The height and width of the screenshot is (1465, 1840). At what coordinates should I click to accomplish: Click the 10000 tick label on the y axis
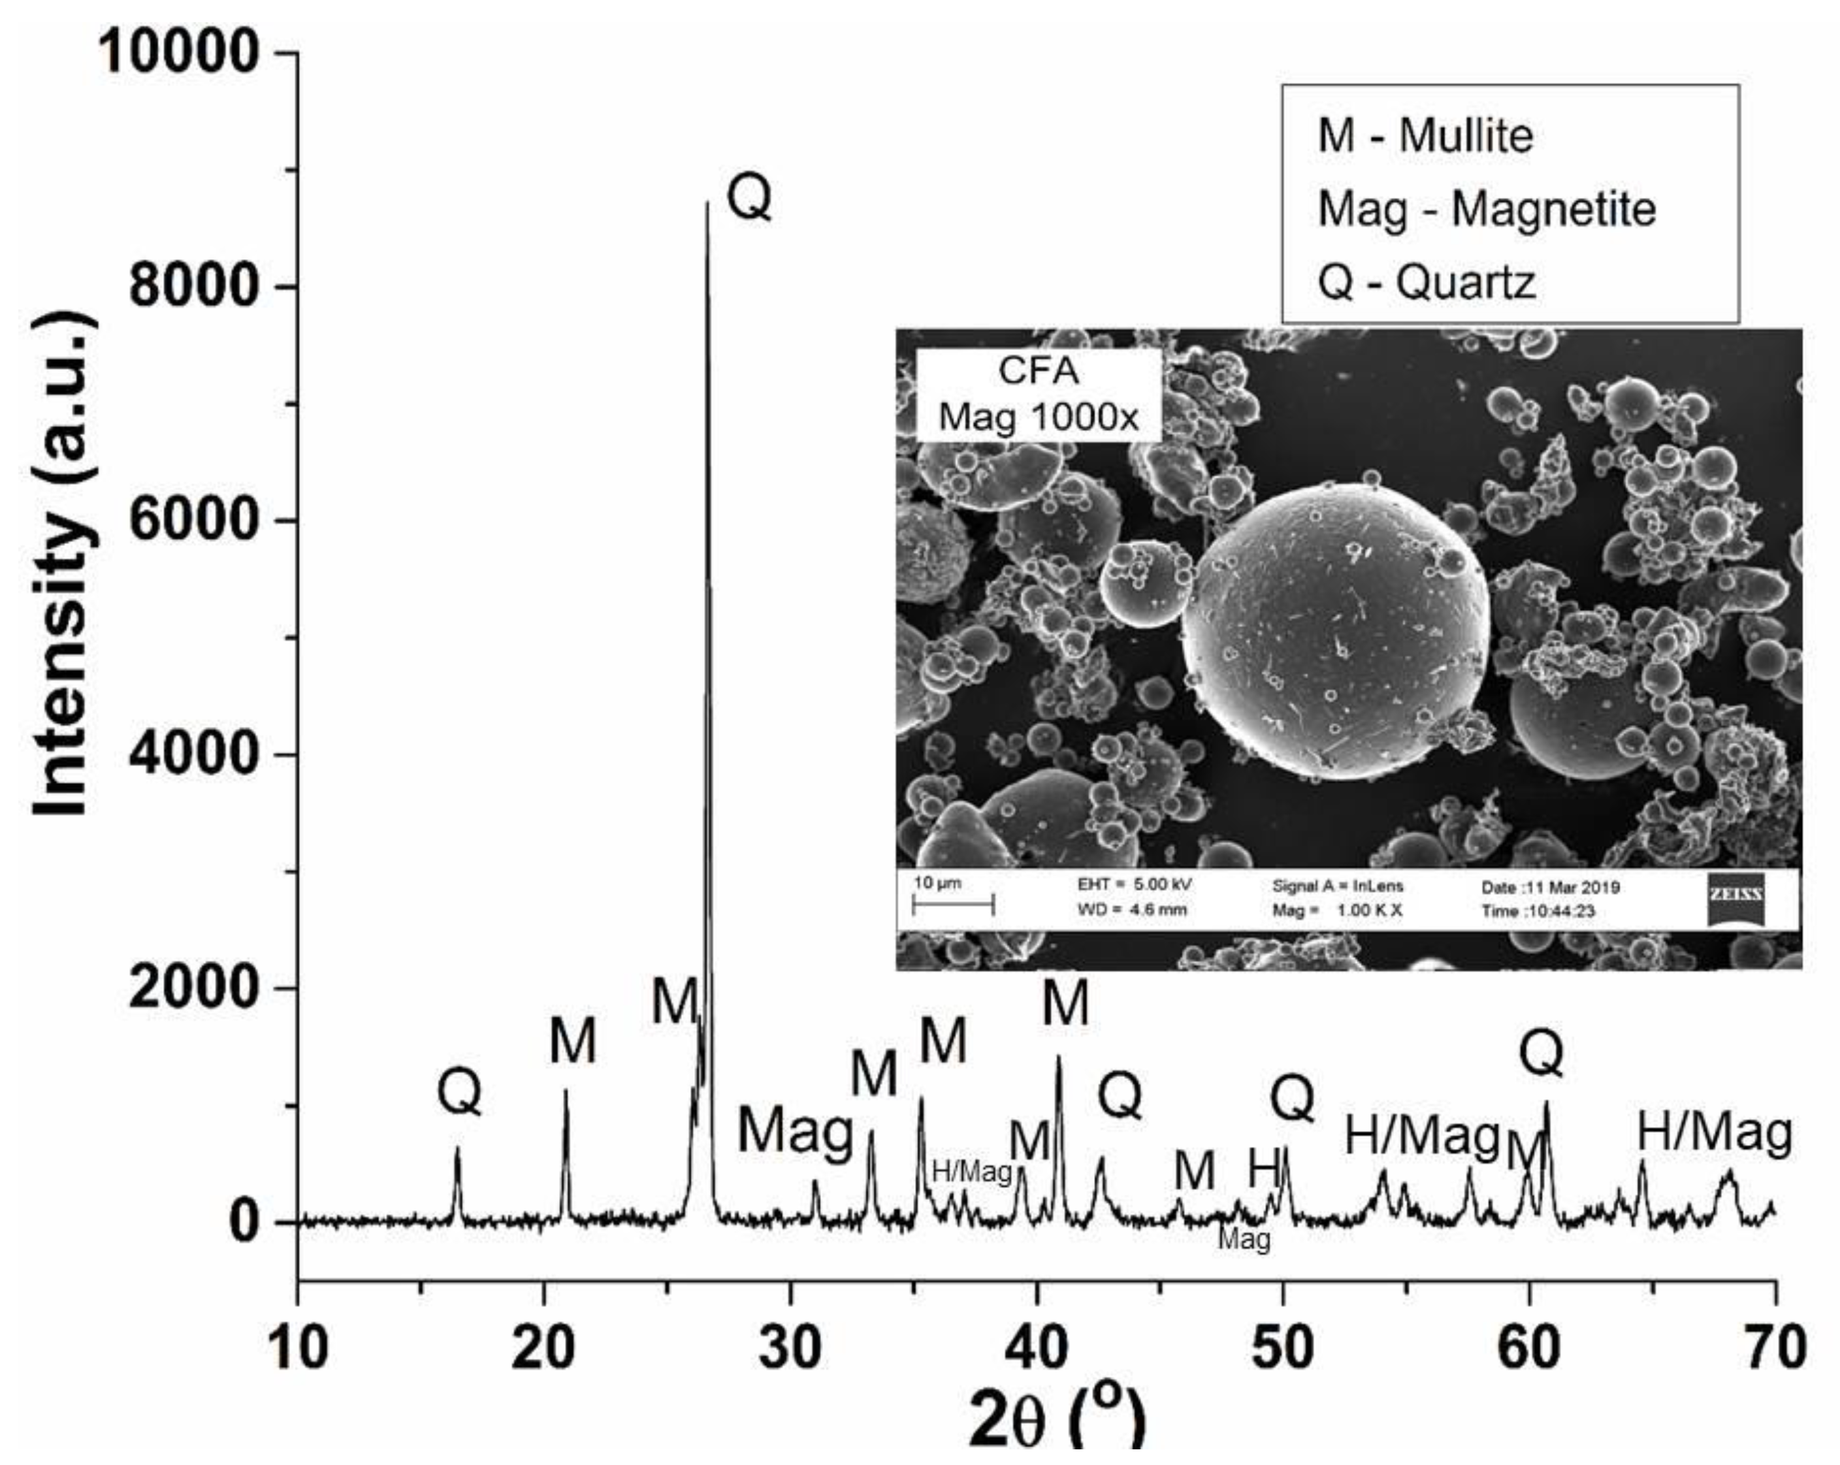point(178,53)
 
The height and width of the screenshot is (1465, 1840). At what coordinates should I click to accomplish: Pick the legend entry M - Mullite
point(1425,136)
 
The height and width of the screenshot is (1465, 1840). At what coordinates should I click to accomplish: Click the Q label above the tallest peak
point(749,198)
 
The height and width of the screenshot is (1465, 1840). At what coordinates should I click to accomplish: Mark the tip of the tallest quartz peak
point(707,203)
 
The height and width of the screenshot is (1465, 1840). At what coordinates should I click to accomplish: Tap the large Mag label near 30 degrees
point(796,1133)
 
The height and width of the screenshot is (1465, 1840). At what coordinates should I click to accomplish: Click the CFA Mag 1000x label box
point(1038,394)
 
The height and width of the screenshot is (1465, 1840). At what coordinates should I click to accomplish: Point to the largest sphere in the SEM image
point(1336,632)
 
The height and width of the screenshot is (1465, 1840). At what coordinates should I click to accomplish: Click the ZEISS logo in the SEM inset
point(1735,899)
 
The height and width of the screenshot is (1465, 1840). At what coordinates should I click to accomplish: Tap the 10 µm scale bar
point(952,905)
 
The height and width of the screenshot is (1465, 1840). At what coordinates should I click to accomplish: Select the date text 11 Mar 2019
point(1550,888)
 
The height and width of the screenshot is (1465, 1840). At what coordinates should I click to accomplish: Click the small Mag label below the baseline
point(1244,1239)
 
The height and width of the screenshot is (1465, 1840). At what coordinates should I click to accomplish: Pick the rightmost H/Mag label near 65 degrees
point(1714,1133)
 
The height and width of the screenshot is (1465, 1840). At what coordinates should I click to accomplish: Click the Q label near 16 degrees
point(459,1092)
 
